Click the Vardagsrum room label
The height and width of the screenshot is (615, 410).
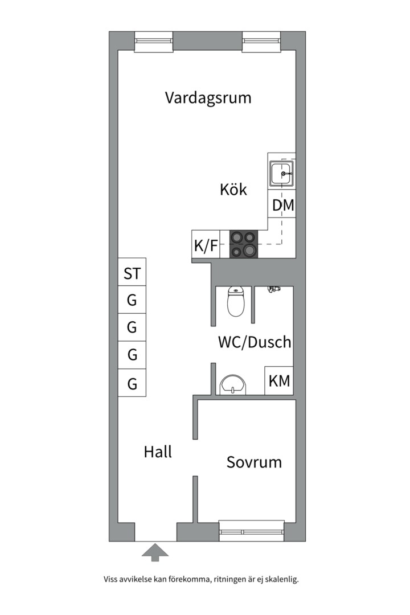208,98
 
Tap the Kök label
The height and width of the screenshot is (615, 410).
233,190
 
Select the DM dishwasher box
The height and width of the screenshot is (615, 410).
282,204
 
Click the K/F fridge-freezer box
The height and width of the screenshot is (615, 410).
206,244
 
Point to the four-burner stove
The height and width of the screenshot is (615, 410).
244,244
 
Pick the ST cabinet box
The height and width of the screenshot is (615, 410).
132,272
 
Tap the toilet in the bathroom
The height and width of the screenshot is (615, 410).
235,302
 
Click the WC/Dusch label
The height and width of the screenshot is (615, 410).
255,342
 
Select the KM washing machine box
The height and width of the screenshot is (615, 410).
279,380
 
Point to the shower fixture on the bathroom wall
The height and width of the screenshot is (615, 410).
274,289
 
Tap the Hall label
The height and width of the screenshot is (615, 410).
158,452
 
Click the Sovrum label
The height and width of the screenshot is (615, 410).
254,462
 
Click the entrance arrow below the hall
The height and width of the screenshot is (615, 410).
155,552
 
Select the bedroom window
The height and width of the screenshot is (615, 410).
252,531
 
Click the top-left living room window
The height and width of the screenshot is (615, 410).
154,42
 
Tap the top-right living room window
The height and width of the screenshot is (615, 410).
262,42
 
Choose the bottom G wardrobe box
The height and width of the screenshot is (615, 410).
132,383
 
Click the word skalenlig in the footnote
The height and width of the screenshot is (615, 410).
282,579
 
